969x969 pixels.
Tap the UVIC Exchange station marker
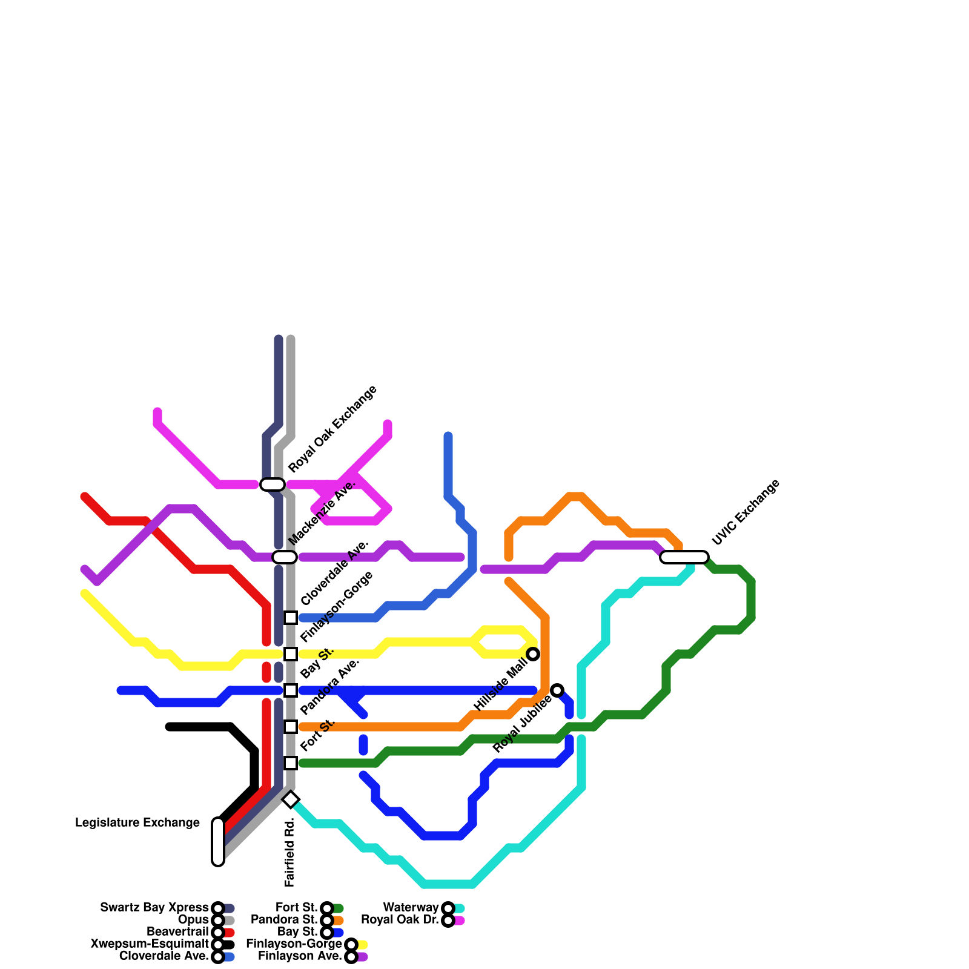click(684, 557)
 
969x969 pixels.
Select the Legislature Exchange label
click(137, 823)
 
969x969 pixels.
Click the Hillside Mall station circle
click(533, 654)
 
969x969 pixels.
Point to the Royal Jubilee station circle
click(557, 690)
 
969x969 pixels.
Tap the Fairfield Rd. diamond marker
click(291, 799)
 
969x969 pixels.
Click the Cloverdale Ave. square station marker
click(291, 618)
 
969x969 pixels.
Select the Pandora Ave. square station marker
click(291, 727)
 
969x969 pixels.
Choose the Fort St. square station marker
click(291, 763)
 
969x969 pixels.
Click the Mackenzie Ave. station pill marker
click(285, 557)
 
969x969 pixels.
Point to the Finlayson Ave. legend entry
click(300, 956)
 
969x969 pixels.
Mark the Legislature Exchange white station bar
click(218, 842)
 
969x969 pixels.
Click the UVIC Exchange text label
click(746, 512)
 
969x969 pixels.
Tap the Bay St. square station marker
click(291, 690)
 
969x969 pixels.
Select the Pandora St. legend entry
click(284, 920)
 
